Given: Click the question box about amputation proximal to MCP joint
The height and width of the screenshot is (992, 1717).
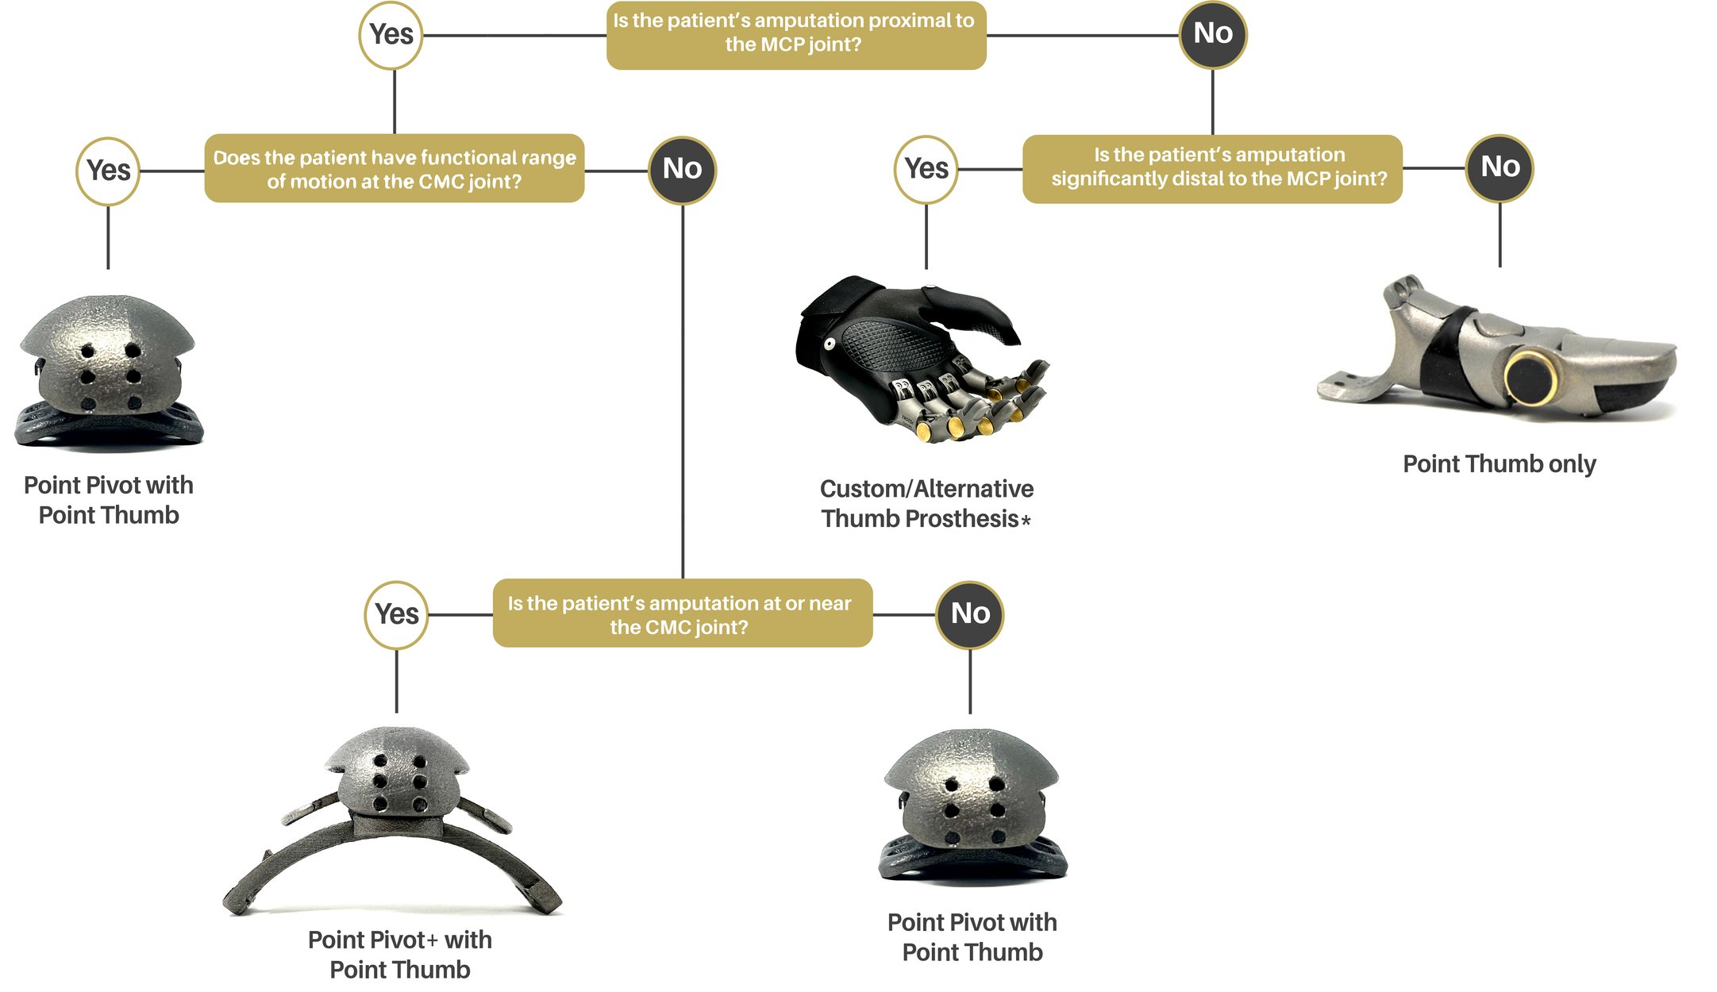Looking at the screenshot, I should (795, 35).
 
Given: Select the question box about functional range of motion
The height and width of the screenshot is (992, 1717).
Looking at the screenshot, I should (395, 169).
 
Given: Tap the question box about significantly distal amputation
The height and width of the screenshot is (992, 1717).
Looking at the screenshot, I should (1212, 168).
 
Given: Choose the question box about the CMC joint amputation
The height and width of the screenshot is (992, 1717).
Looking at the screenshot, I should (682, 613).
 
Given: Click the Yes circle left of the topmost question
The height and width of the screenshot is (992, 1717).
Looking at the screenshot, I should (391, 35).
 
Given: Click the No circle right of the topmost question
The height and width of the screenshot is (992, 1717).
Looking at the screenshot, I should (1212, 34).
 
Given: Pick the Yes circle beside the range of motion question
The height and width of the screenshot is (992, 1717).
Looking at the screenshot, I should (108, 171).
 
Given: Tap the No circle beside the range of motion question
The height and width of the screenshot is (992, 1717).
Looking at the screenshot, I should (682, 169).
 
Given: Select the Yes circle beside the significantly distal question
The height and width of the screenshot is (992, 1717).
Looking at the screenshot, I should (926, 169).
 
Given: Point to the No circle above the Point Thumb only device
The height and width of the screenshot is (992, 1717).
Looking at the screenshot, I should (1499, 167).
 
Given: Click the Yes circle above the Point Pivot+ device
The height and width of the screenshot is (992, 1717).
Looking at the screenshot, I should (396, 614).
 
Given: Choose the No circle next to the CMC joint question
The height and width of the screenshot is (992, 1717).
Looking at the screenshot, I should (969, 614).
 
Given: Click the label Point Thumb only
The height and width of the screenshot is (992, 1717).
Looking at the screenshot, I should (1499, 464).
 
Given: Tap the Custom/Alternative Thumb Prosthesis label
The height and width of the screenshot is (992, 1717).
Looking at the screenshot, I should (926, 504).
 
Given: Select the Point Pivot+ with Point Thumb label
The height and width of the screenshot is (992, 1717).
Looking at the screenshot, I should (399, 955).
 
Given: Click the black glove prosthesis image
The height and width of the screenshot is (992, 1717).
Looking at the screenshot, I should (913, 357).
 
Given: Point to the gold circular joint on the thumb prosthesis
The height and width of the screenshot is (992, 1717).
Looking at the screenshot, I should (1530, 378).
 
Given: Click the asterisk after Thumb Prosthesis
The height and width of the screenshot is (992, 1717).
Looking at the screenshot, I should (1026, 521).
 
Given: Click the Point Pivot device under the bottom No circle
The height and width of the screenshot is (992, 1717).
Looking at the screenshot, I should (972, 806).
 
